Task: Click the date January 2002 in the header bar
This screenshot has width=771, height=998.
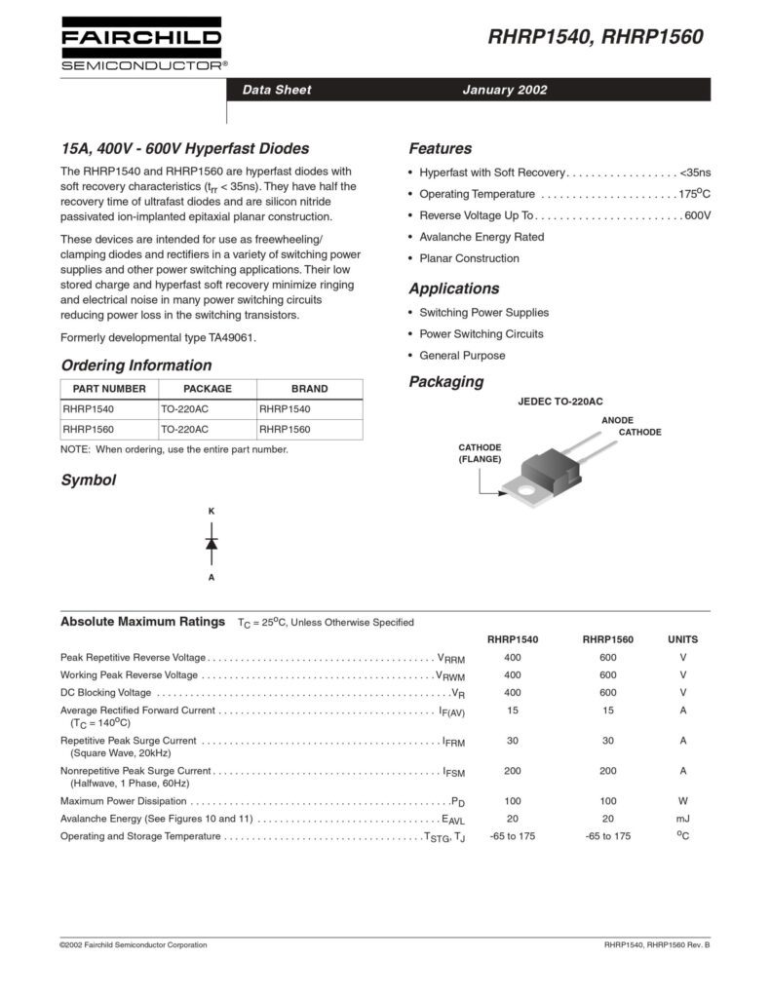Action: point(504,90)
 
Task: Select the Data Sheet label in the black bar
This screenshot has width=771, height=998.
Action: point(277,90)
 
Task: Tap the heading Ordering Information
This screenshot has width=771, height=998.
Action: point(135,365)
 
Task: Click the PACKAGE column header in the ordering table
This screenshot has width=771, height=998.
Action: point(207,388)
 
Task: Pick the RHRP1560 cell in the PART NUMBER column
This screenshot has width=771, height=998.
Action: point(89,429)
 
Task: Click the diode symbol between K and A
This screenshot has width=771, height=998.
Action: point(212,544)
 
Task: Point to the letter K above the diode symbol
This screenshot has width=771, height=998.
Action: point(212,511)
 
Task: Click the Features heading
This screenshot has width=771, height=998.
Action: point(440,149)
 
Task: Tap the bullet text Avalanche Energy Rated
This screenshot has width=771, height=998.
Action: point(482,237)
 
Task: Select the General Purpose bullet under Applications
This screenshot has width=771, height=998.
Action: point(462,356)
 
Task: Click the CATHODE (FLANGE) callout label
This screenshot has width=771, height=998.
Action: point(480,452)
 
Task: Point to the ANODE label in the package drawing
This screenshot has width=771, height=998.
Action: point(617,420)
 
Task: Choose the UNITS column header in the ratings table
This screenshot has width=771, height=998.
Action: point(682,639)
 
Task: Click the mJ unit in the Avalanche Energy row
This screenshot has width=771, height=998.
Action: point(682,819)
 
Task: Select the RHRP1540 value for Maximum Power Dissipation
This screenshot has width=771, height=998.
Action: point(513,800)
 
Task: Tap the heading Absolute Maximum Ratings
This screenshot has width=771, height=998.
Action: point(144,621)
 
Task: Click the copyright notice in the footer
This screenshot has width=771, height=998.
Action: point(134,945)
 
